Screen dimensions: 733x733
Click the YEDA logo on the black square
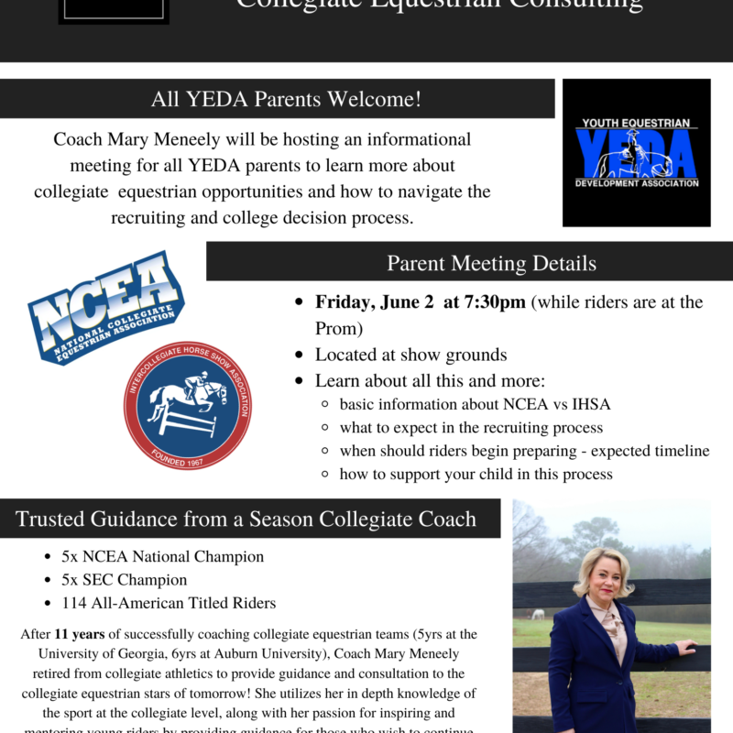637,152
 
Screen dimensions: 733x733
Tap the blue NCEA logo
104,307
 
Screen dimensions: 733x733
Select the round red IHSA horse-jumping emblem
187,405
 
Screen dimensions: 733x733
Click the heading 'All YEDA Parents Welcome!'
287,99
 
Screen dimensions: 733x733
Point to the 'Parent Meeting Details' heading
491,264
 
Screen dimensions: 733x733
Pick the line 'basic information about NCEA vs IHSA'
475,404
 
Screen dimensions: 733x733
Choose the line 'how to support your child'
476,474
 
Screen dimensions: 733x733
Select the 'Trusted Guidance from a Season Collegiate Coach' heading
246,520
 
